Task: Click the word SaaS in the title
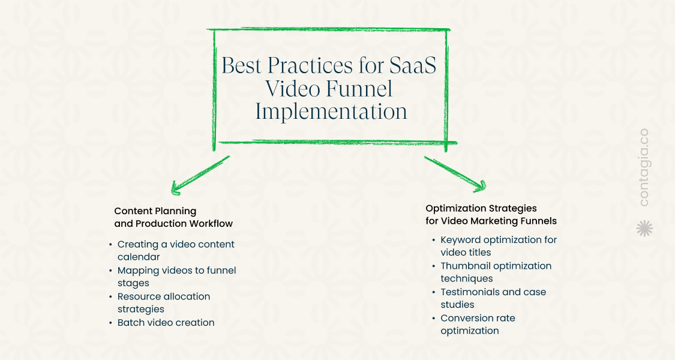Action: [x=412, y=65]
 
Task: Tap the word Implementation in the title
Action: [x=331, y=111]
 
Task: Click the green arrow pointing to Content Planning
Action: [x=200, y=175]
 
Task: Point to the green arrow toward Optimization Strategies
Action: [x=455, y=174]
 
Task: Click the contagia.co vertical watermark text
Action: [x=644, y=167]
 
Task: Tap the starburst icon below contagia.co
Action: [x=644, y=228]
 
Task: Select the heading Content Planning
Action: [x=155, y=211]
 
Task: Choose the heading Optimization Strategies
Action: [x=481, y=208]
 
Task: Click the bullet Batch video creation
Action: [x=166, y=323]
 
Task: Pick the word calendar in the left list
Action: [x=139, y=257]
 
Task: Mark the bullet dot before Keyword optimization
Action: [x=433, y=240]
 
